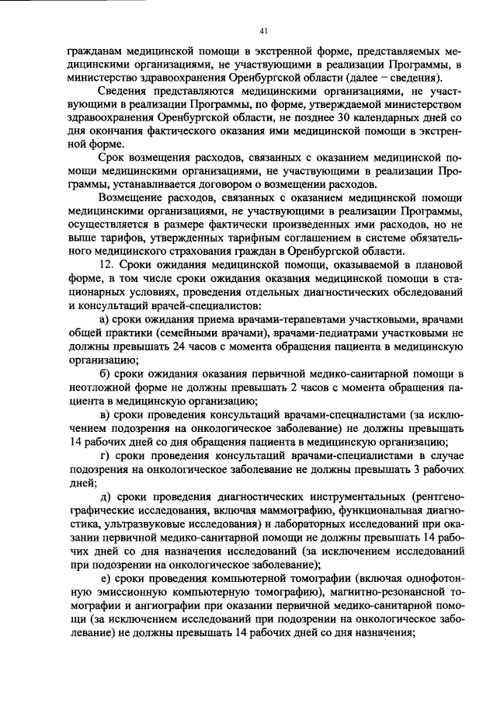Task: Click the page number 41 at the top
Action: tap(263, 31)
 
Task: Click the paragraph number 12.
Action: tap(109, 265)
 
